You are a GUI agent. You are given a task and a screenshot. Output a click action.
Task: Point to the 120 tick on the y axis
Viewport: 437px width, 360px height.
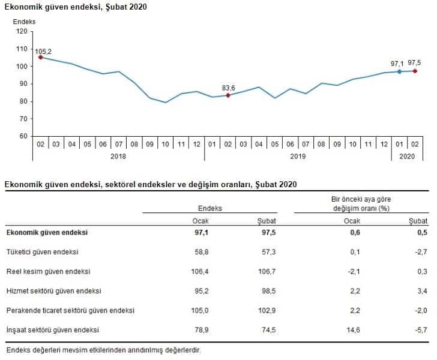[x=23, y=31]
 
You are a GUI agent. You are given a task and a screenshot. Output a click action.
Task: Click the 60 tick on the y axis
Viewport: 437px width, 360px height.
[x=24, y=136]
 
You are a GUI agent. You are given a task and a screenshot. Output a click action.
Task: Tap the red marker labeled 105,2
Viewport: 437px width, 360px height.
[x=40, y=58]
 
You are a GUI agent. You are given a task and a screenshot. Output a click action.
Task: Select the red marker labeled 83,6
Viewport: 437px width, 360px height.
[x=228, y=95]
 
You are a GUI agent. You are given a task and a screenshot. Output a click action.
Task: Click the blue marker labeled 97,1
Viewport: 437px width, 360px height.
[x=399, y=72]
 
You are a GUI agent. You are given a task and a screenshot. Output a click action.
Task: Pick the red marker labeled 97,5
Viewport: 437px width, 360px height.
[x=415, y=71]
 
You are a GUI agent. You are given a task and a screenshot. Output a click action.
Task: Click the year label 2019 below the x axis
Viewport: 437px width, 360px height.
[x=298, y=157]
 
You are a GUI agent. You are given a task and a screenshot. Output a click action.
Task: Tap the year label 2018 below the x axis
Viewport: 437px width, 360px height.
[x=118, y=157]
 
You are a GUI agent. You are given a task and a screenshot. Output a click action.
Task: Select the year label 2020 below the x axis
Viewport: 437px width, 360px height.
[x=407, y=157]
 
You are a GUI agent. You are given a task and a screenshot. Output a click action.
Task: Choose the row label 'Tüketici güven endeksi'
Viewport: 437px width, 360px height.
[x=42, y=252]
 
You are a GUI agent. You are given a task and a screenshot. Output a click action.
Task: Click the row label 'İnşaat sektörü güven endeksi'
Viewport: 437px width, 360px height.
[x=52, y=330]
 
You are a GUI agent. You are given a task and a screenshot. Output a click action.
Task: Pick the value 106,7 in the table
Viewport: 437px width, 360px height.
[x=265, y=272]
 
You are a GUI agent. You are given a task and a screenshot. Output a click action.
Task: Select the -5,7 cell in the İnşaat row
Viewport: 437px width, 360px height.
[x=421, y=330]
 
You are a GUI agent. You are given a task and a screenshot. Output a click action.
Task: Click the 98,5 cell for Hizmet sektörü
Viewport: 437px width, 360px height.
[x=266, y=291]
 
